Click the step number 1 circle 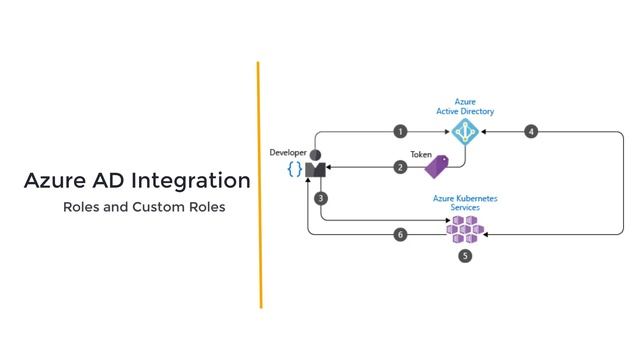[x=400, y=131]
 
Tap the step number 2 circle [x=400, y=167]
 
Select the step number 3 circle [x=321, y=198]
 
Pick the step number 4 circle [x=531, y=131]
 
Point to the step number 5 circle [x=465, y=256]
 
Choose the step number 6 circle [x=400, y=234]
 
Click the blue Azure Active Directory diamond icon [x=464, y=132]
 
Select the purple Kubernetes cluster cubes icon [x=464, y=228]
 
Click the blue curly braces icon [x=294, y=169]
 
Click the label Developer [x=288, y=152]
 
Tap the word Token [x=421, y=154]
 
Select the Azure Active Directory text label [x=465, y=106]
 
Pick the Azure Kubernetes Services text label [x=465, y=203]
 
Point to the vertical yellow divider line [x=259, y=185]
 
